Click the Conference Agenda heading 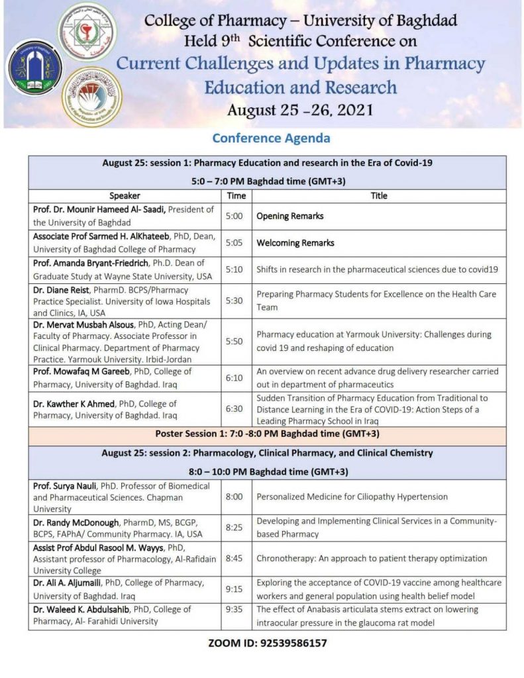271,138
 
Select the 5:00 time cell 236,216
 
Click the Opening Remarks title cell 290,216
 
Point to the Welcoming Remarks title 295,243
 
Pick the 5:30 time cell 236,301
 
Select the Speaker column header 125,195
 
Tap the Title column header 379,195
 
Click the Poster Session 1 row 267,434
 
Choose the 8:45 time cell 236,558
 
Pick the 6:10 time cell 236,377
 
